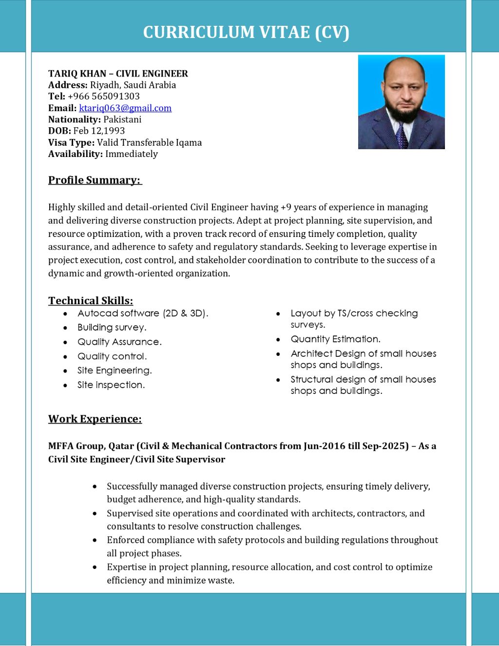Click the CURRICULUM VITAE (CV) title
coord(246,32)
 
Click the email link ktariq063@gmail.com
coord(125,108)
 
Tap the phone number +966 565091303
coord(104,97)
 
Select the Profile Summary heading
coord(95,180)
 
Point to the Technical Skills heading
coord(91,301)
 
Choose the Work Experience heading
coord(95,419)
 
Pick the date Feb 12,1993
coord(99,131)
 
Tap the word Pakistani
coord(122,119)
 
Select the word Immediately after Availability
coord(132,154)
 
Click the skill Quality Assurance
coord(119,342)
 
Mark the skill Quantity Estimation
coord(336,339)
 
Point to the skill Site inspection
coord(111,385)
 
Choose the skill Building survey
coord(112,328)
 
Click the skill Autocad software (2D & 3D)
coord(143,313)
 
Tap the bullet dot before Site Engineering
coord(65,371)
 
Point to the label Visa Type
coord(71,143)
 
